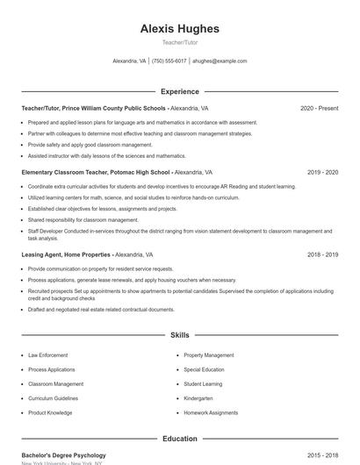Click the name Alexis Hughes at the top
180,28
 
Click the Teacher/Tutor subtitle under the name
180,42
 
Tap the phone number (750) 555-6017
169,61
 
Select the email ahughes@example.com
220,61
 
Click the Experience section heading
180,91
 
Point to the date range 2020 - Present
319,108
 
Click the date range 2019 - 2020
322,173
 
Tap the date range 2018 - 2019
322,254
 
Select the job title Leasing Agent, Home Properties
68,254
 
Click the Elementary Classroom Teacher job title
96,173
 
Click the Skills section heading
180,335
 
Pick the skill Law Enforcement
47,355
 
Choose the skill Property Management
209,355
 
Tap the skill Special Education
204,369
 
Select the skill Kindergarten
199,398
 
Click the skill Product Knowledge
50,412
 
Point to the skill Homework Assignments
211,412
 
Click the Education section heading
180,439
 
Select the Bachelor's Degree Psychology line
64,455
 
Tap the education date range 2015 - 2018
322,455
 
